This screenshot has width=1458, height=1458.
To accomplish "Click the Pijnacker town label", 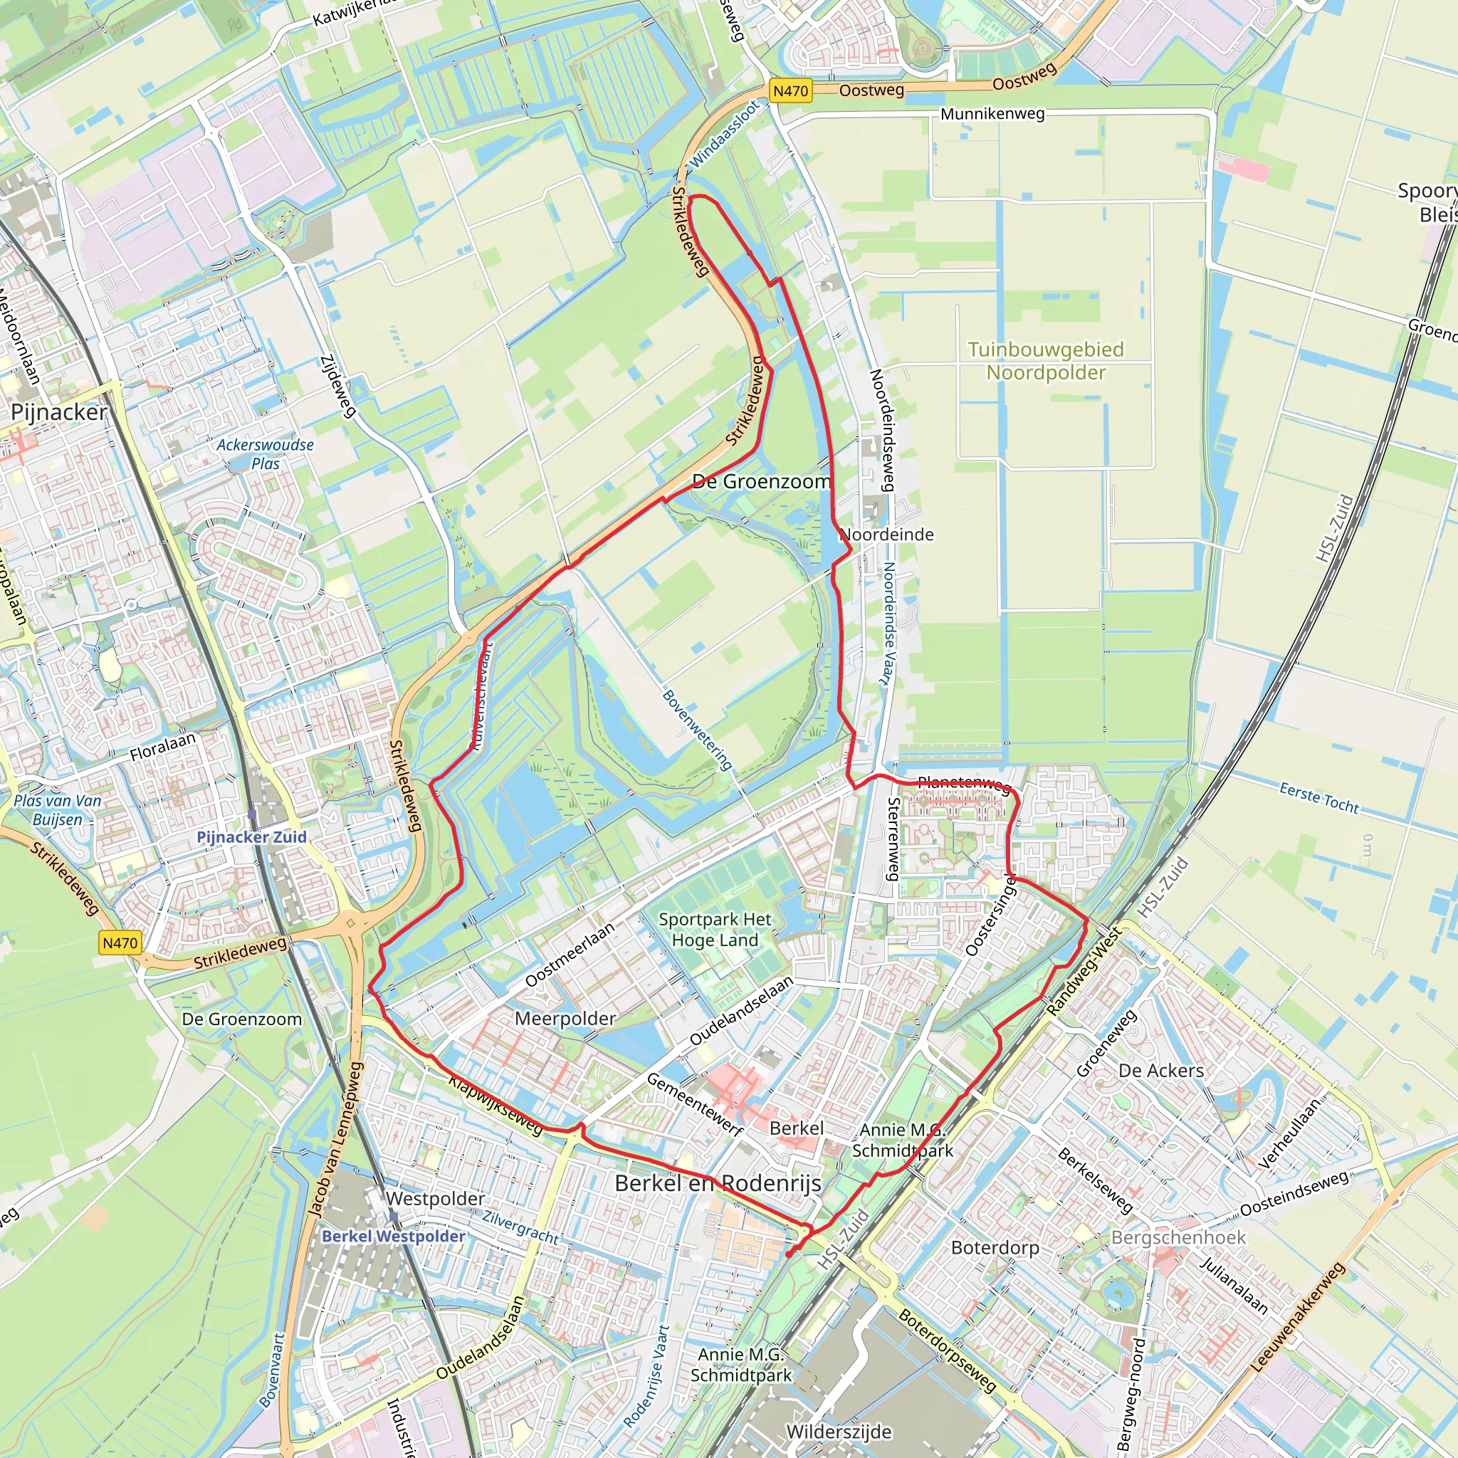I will (x=59, y=412).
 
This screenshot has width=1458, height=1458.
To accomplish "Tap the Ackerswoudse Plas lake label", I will (x=265, y=454).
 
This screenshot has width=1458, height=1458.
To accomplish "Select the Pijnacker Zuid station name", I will (x=251, y=837).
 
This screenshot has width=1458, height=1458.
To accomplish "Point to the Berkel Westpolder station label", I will (x=393, y=1236).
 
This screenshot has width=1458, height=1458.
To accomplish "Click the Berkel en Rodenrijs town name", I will (x=718, y=1183).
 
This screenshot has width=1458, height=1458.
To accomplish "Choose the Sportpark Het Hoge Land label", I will (x=715, y=930).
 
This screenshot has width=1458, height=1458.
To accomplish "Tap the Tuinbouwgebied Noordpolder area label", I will (x=1046, y=361).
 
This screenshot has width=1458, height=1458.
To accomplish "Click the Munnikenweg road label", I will (x=992, y=114).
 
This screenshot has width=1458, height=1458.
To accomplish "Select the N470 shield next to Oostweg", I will (x=790, y=91).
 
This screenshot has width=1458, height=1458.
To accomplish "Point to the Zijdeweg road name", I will (x=338, y=386).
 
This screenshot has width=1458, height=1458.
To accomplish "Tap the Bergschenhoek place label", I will (x=1178, y=1237).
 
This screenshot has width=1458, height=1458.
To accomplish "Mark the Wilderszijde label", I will (x=839, y=1432).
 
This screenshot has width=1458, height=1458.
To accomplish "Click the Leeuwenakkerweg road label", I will (x=1298, y=1318).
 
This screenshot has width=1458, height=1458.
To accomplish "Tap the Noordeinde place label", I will (x=888, y=535).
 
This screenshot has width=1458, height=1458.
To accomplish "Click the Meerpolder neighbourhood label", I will (x=565, y=1019).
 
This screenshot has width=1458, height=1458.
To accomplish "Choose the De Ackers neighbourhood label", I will (x=1160, y=1071).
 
